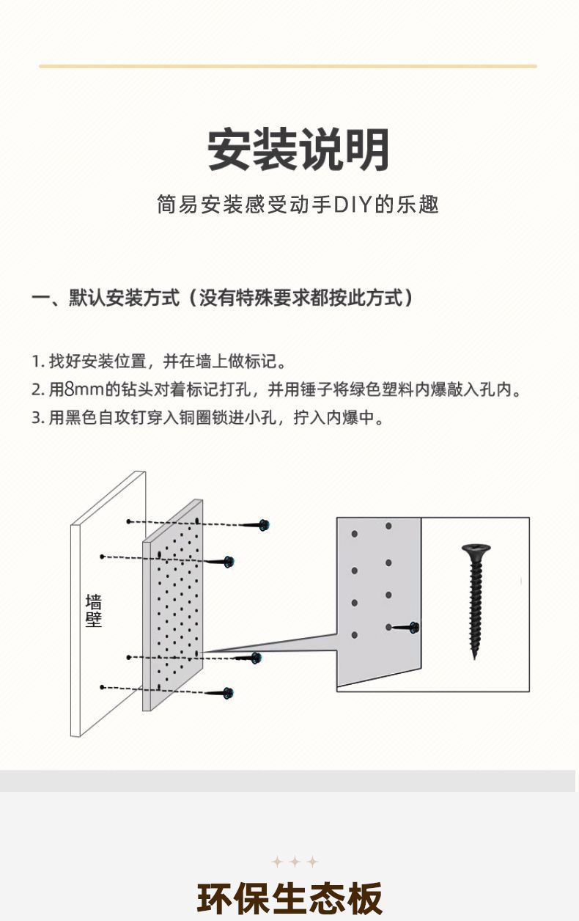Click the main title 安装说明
click(x=298, y=150)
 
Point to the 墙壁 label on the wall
click(x=94, y=611)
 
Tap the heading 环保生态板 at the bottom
click(x=289, y=899)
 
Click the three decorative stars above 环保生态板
click(x=295, y=862)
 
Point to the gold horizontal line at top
click(x=288, y=66)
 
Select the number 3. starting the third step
click(x=37, y=419)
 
